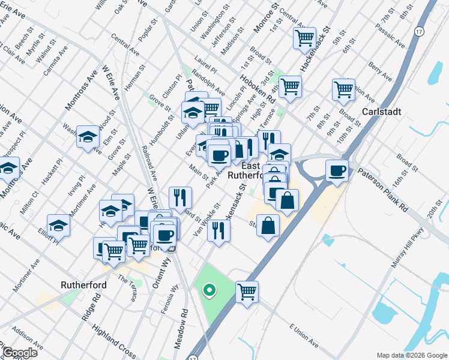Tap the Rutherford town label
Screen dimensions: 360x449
84,285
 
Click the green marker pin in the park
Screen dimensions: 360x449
209,291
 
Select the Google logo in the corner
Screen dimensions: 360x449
19,353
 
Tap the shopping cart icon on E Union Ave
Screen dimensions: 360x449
247,292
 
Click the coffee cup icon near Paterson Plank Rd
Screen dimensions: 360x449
337,170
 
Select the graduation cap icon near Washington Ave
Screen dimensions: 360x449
88,137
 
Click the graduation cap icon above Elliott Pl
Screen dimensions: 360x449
58,225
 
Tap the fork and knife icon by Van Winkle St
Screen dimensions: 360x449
218,230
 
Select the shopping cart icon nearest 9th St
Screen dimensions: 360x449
343,89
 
